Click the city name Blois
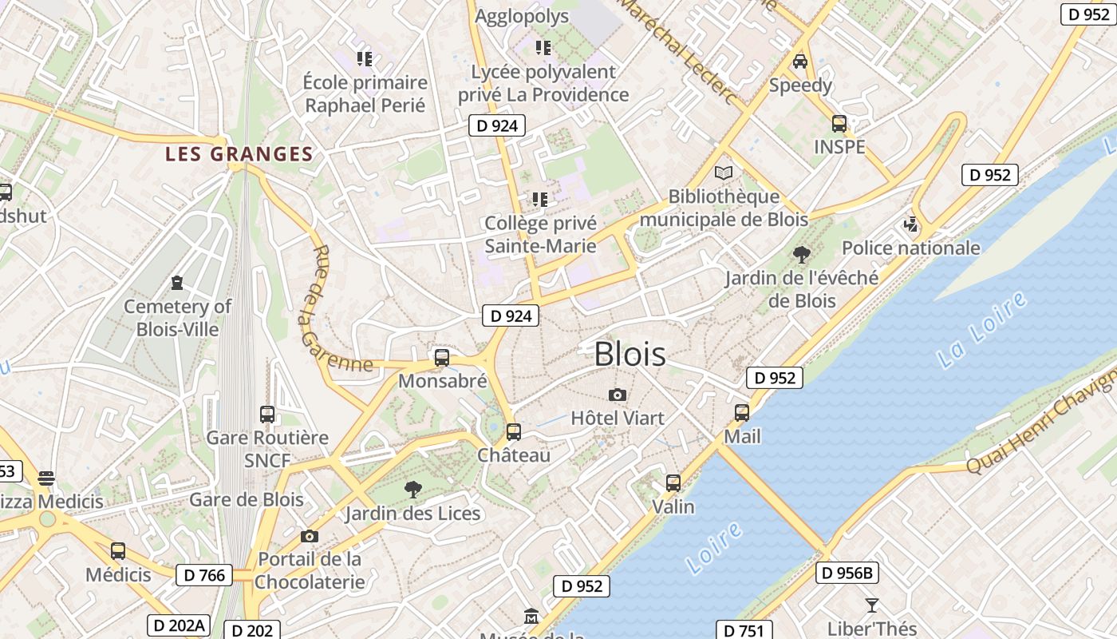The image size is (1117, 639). pyautogui.click(x=630, y=354)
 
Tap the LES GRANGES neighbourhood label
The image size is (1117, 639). pyautogui.click(x=239, y=154)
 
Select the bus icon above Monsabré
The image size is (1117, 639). pyautogui.click(x=442, y=358)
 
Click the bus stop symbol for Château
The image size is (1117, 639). pyautogui.click(x=514, y=432)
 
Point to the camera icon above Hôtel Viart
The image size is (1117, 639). pyautogui.click(x=617, y=395)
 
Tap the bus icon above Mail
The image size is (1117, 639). pyautogui.click(x=742, y=413)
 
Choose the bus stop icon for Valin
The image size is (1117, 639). pyautogui.click(x=673, y=483)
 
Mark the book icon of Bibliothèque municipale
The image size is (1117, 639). pyautogui.click(x=724, y=173)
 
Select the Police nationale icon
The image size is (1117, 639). pyautogui.click(x=911, y=224)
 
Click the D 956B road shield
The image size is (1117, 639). pyautogui.click(x=847, y=573)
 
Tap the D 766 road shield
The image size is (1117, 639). pyautogui.click(x=203, y=574)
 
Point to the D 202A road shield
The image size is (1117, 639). pyautogui.click(x=178, y=625)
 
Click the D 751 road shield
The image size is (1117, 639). pyautogui.click(x=743, y=631)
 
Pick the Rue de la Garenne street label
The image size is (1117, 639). pyautogui.click(x=335, y=310)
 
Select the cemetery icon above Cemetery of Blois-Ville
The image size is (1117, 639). pyautogui.click(x=176, y=283)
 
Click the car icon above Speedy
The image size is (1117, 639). pyautogui.click(x=800, y=62)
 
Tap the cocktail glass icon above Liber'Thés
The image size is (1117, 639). pyautogui.click(x=871, y=605)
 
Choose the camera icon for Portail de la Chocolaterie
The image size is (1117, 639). pyautogui.click(x=310, y=537)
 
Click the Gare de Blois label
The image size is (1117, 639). pyautogui.click(x=246, y=500)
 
